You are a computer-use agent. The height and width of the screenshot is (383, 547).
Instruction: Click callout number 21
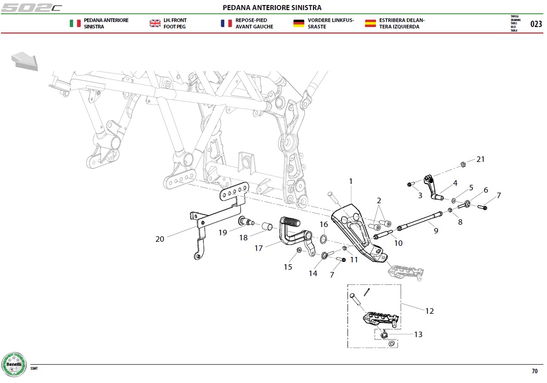click(x=480, y=159)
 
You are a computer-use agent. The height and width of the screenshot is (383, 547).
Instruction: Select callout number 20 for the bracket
click(x=160, y=239)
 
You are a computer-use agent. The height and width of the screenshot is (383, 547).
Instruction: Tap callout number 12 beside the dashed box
click(x=429, y=311)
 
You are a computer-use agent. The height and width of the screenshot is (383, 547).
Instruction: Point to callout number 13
click(x=418, y=334)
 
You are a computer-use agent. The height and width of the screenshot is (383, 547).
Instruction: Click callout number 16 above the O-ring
click(x=324, y=224)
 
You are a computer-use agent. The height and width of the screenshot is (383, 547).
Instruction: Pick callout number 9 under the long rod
click(x=436, y=231)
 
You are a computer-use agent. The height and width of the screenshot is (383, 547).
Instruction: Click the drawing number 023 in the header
click(x=536, y=24)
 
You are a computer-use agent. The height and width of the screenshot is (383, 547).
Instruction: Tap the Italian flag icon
click(x=75, y=23)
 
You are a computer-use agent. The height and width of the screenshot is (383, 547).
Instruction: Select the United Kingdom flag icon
click(x=155, y=23)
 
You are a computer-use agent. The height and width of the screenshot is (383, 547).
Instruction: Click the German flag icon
click(x=299, y=23)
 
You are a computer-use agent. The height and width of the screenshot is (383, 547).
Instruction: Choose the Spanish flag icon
click(x=370, y=23)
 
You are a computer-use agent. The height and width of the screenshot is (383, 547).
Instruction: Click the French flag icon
click(x=227, y=23)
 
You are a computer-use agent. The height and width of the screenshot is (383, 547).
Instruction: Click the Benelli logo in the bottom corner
click(x=14, y=365)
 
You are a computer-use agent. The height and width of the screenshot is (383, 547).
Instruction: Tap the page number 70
click(x=535, y=371)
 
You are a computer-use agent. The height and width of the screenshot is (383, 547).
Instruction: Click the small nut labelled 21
click(x=463, y=164)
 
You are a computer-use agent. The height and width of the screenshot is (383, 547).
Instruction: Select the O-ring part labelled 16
click(x=324, y=239)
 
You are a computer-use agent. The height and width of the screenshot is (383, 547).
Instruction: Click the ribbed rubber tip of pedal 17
click(x=291, y=222)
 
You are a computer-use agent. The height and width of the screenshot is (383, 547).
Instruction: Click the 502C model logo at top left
click(x=31, y=7)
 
